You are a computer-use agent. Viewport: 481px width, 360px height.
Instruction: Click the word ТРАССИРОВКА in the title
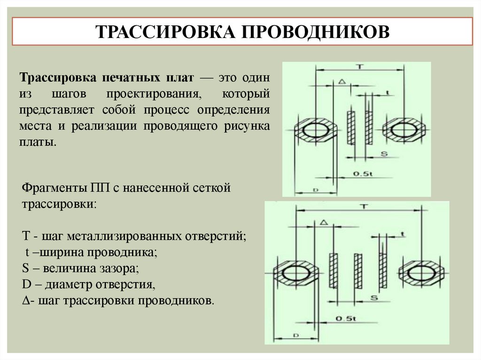pyautogui.click(x=165, y=32)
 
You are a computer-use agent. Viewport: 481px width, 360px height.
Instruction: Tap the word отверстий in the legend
pyautogui.click(x=217, y=236)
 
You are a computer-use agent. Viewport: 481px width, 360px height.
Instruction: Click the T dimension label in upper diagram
pyautogui.click(x=359, y=66)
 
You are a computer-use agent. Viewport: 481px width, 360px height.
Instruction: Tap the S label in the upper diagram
pyautogui.click(x=384, y=153)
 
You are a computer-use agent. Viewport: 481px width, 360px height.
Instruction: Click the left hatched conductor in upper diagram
pyautogui.click(x=350, y=127)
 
